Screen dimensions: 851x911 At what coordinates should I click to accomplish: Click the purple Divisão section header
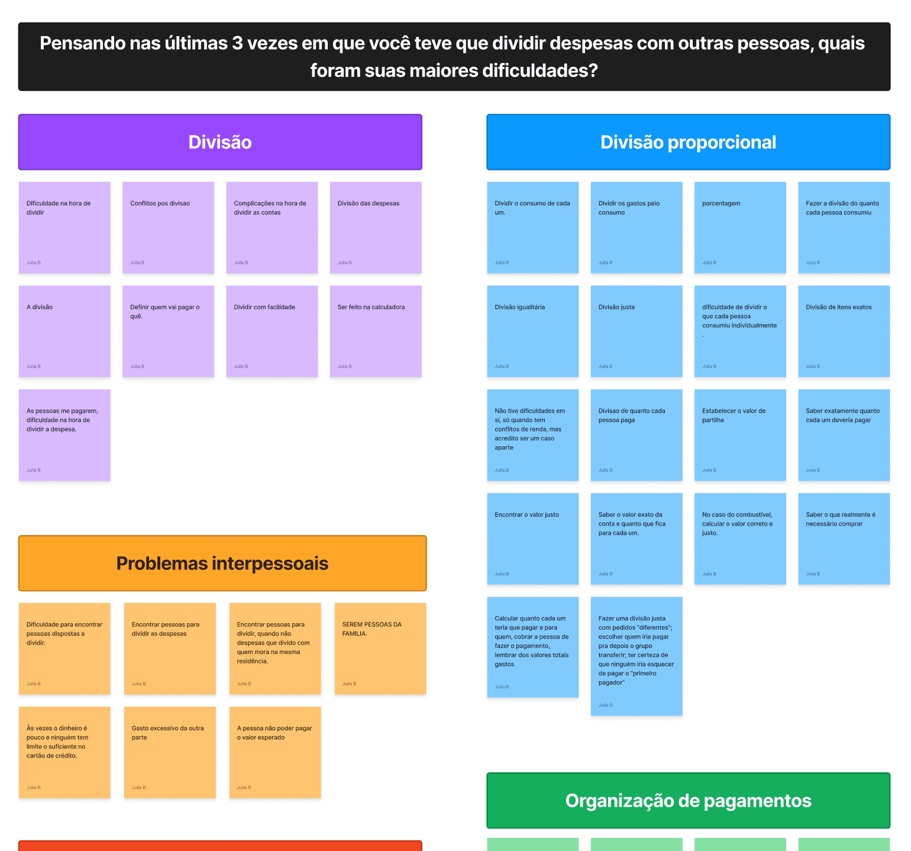click(220, 142)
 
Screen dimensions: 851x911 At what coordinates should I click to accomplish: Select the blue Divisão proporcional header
click(688, 142)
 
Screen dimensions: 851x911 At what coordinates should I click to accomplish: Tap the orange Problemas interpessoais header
click(222, 563)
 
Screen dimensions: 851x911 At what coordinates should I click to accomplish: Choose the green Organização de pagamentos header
click(688, 801)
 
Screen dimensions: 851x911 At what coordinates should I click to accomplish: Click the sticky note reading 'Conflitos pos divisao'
click(168, 227)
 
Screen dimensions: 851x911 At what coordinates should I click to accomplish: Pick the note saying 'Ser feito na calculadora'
click(376, 331)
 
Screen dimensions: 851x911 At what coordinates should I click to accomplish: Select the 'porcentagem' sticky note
click(740, 227)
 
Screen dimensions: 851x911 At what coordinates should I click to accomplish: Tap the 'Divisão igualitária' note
click(532, 331)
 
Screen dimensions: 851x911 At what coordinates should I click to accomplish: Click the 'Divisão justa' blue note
click(637, 331)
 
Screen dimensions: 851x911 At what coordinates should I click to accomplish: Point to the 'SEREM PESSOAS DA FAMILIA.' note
click(380, 649)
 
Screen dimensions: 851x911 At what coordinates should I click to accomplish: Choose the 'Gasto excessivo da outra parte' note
click(170, 752)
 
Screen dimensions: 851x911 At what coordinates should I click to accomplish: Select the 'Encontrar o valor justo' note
click(532, 539)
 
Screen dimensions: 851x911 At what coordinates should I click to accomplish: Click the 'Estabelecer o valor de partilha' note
click(740, 435)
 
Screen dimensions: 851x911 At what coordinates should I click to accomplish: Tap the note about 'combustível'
click(740, 539)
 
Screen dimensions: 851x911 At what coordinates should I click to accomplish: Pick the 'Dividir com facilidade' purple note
click(272, 331)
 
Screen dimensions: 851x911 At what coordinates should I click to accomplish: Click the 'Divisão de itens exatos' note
click(844, 331)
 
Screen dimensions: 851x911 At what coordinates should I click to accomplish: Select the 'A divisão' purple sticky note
click(64, 331)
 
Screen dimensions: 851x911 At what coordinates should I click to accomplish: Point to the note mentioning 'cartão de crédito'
click(64, 752)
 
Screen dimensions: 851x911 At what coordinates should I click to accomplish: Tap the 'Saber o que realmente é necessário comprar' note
click(844, 539)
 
